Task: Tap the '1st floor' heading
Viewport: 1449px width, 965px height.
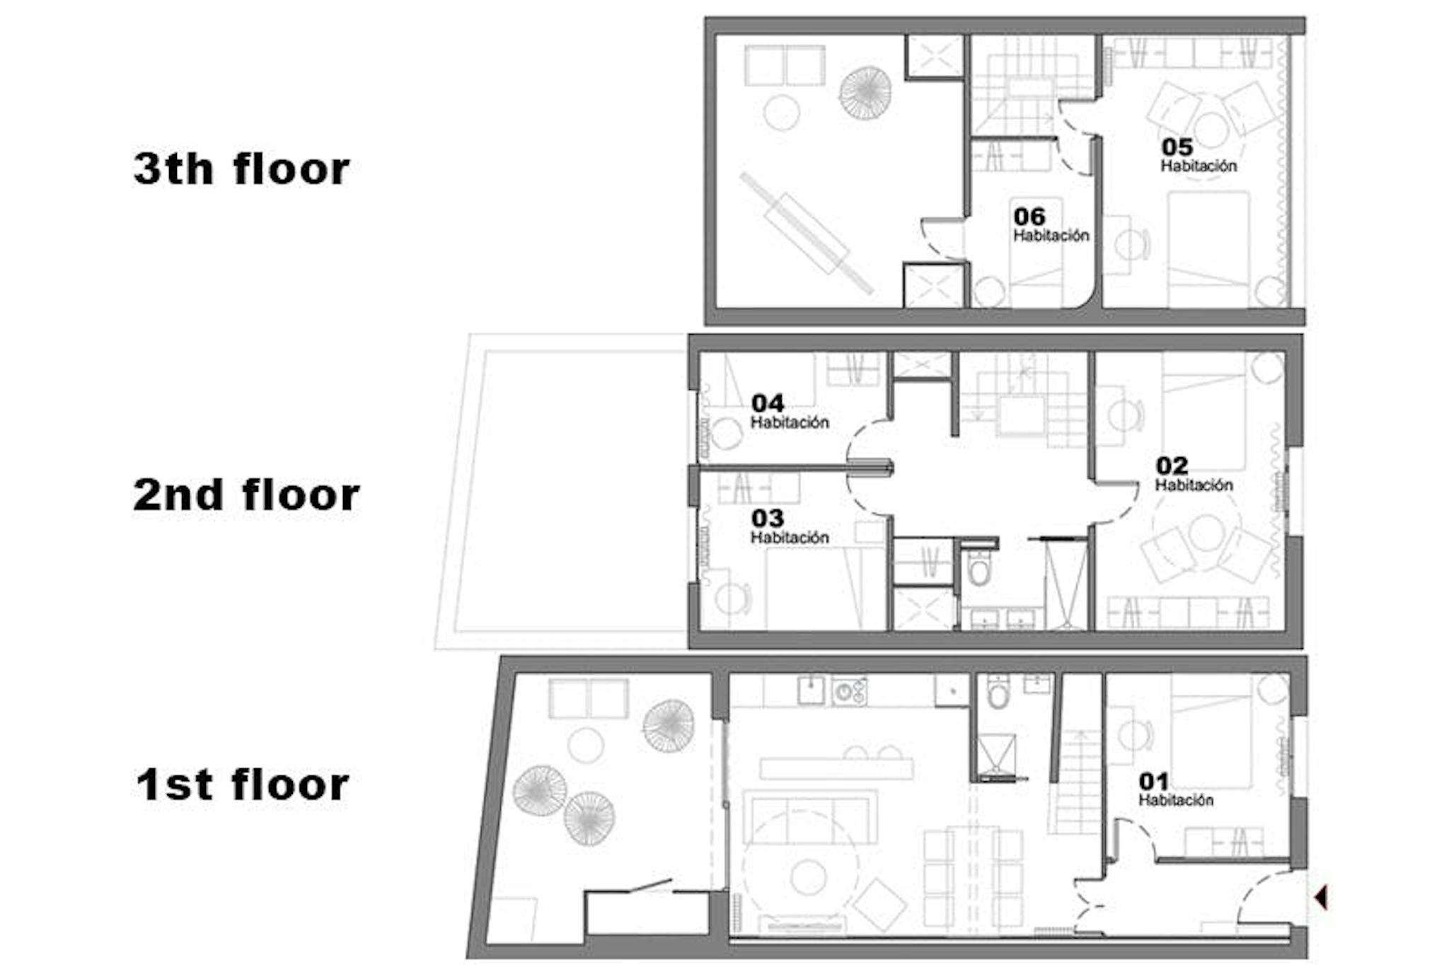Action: [243, 785]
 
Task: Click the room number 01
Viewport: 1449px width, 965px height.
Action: [1153, 781]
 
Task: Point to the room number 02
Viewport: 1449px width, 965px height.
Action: [1172, 466]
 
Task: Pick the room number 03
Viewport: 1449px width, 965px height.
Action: [767, 518]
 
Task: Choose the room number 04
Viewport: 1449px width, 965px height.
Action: [767, 403]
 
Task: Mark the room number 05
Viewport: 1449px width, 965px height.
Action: [1177, 147]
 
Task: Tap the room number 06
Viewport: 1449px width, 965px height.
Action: [1029, 216]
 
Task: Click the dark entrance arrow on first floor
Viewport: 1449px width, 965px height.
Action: [1320, 897]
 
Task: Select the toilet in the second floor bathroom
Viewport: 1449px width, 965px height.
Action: [979, 565]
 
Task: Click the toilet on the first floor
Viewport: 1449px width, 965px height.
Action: [998, 690]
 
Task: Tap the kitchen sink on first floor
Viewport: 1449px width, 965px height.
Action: [811, 690]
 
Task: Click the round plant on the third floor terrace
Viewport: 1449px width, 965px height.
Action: [865, 93]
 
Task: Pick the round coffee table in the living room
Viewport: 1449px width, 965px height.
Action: [809, 877]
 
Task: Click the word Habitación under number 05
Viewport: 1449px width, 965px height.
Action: [1199, 166]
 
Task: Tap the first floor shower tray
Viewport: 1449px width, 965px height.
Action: [997, 756]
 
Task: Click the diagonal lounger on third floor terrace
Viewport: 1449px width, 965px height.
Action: [807, 233]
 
